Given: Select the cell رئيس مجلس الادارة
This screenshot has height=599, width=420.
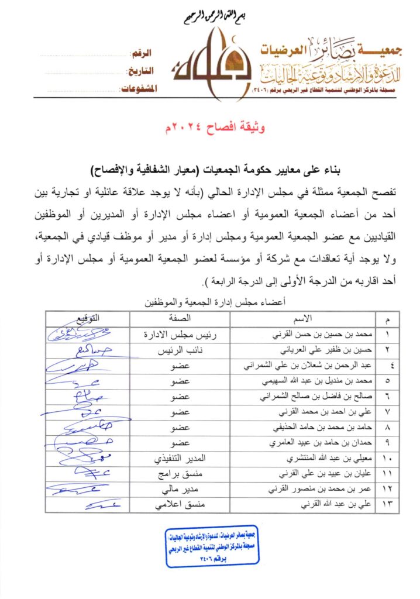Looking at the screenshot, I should (x=180, y=336).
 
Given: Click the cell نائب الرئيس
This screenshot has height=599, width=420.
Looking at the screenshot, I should (x=180, y=353).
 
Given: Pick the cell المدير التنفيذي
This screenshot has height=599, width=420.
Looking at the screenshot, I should (x=180, y=457).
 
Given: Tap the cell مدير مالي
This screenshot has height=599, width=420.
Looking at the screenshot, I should (x=180, y=488).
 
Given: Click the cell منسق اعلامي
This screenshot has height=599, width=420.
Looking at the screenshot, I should (x=180, y=504).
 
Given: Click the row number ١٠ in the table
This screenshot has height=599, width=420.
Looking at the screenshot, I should (x=386, y=457).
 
